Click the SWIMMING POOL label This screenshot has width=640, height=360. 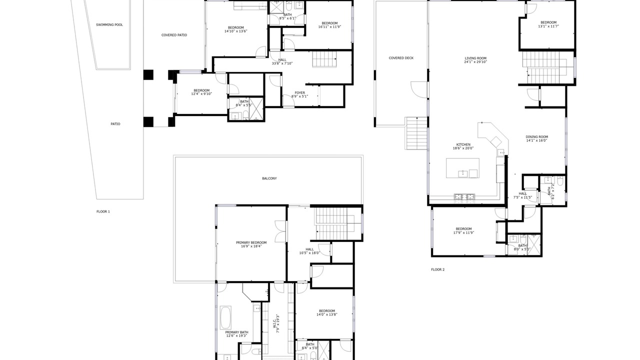(109, 25)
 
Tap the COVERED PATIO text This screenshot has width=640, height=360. (174, 35)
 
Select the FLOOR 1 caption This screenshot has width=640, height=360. (103, 211)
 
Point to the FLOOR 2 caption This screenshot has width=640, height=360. (437, 269)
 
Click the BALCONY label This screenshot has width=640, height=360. (269, 178)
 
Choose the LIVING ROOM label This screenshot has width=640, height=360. (475, 58)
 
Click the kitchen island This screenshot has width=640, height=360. (462, 168)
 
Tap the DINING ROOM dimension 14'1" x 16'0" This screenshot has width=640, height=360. (536, 140)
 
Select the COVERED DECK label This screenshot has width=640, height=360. (401, 58)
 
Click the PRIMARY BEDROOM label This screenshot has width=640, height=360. (251, 242)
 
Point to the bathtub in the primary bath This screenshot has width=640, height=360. (225, 317)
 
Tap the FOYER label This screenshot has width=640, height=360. (299, 93)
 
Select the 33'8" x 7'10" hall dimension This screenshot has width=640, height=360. (282, 63)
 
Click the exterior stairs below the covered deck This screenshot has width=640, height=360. (416, 133)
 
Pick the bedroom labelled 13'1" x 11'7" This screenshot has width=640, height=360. (548, 24)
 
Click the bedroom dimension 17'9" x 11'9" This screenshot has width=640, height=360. (463, 232)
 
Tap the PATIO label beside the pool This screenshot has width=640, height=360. (115, 124)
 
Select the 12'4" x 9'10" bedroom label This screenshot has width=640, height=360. (201, 92)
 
